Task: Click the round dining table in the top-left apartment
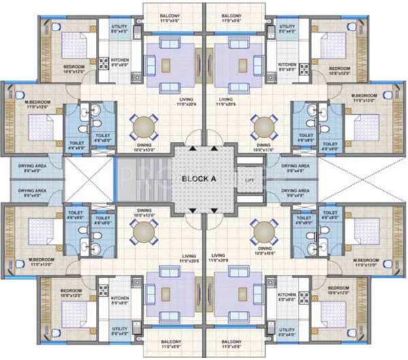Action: tap(144, 126)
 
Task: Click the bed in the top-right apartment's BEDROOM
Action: tap(335, 46)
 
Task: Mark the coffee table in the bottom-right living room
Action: tap(241, 293)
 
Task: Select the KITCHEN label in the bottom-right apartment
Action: tap(286, 297)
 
